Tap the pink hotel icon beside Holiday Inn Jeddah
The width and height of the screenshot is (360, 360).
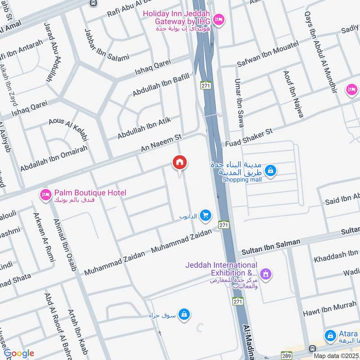[219, 19]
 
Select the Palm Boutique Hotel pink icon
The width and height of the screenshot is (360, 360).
[45, 194]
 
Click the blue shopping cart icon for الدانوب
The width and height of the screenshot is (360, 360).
[206, 216]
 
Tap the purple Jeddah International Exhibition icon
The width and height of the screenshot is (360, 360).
[266, 273]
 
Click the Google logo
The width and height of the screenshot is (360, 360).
[19, 353]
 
